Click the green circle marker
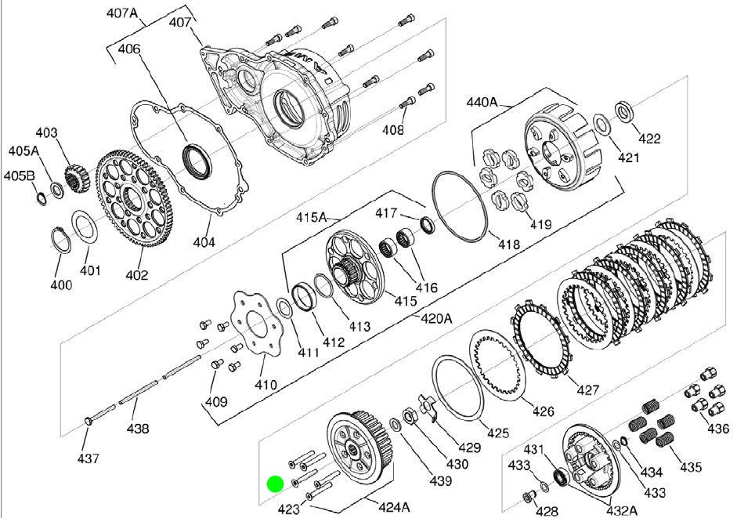pos(275,484)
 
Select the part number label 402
pos(137,275)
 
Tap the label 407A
pos(121,14)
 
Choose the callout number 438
pos(138,429)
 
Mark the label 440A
pos(482,101)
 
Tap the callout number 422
pos(649,139)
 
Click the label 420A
pos(436,318)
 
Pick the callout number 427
pos(588,389)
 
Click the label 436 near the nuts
pos(717,429)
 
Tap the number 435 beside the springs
pos(690,468)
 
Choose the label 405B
pos(20,176)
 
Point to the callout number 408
pos(392,130)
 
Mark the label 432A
pos(621,510)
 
